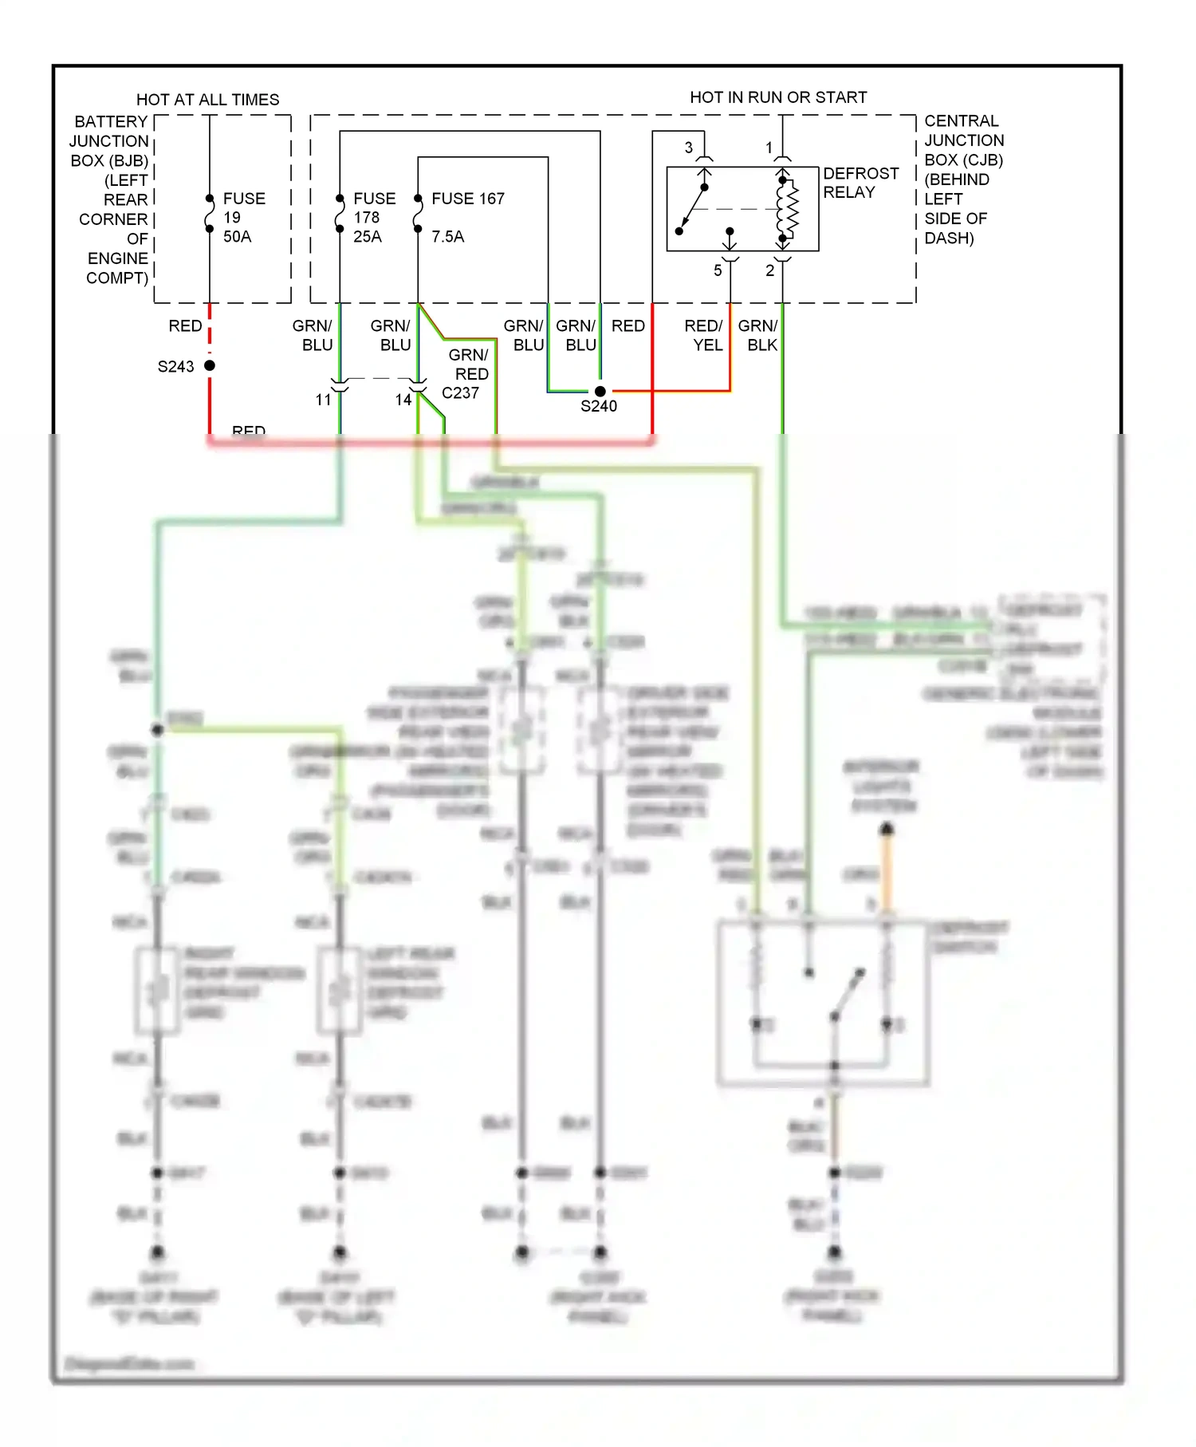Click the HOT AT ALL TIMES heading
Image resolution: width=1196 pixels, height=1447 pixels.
pos(207,100)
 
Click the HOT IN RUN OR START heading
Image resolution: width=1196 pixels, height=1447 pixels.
pos(777,97)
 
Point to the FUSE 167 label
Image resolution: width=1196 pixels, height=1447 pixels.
pos(467,199)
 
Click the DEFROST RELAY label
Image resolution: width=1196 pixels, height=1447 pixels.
pos(860,183)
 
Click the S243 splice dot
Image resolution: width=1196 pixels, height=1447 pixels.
pos(210,365)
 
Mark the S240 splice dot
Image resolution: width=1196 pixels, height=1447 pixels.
pos(600,391)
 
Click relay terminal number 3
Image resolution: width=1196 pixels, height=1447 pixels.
pos(689,148)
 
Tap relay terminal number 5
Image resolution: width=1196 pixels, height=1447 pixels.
pos(718,270)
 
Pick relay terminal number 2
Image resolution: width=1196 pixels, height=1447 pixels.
pos(769,270)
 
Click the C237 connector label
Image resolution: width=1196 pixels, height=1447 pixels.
pos(460,392)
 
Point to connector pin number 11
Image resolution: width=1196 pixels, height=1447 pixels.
pos(323,400)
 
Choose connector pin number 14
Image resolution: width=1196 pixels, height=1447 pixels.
pos(403,400)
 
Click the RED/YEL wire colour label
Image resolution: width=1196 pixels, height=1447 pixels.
pos(704,335)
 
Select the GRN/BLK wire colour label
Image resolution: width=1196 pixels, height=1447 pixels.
pos(757,335)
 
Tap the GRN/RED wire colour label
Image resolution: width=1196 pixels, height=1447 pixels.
pos(469,364)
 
